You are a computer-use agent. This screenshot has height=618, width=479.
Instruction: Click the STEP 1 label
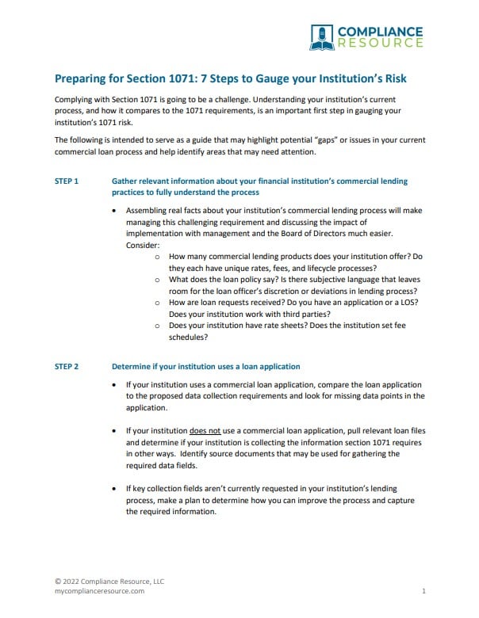click(66, 181)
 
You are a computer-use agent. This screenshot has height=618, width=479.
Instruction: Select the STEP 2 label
click(66, 367)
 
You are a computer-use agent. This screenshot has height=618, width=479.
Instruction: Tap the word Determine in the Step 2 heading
click(134, 367)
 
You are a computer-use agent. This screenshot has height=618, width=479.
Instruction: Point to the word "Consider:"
click(143, 246)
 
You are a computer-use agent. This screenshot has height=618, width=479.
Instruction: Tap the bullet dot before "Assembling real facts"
click(116, 212)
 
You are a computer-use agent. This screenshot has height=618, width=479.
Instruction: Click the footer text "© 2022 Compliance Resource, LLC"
click(109, 581)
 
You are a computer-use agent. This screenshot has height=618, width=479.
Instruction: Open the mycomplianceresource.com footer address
click(100, 591)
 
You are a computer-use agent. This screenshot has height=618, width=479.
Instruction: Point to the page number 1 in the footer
click(424, 591)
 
